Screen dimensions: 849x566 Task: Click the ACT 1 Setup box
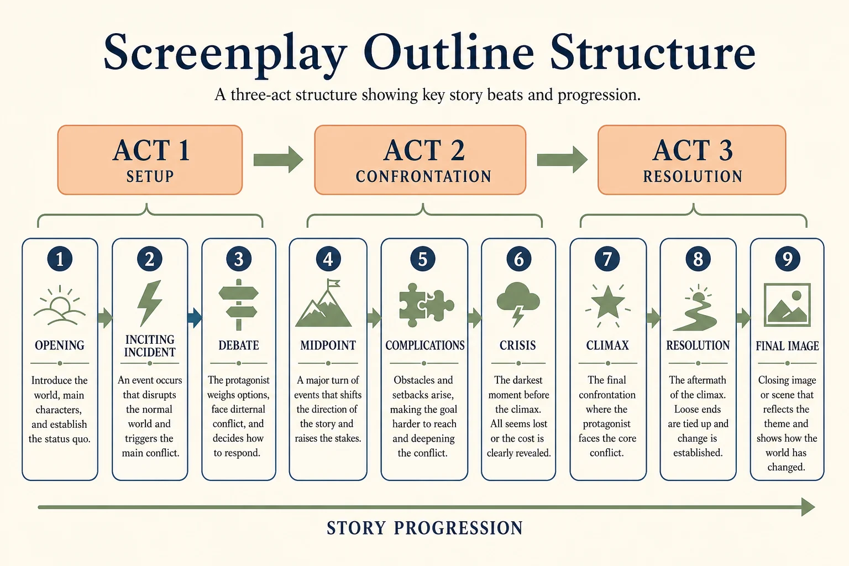150,160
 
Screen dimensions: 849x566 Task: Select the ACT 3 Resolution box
692,160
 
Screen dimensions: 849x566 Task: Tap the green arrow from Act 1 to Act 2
278,160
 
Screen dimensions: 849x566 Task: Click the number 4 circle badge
328,259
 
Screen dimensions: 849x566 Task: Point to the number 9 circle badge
788,259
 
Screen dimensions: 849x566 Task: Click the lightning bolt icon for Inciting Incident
150,303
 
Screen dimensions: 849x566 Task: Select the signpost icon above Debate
239,305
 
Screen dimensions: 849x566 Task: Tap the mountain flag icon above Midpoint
324,303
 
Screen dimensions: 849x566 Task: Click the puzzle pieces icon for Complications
426,306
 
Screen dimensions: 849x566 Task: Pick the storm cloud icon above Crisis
518,304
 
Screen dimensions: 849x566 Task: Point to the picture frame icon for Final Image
787,305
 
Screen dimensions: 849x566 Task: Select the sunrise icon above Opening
60,306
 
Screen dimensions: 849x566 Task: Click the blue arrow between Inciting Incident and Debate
195,318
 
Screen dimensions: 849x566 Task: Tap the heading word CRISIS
518,345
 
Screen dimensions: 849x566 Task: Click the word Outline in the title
448,52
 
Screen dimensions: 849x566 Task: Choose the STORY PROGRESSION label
425,528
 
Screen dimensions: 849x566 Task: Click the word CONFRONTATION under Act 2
423,177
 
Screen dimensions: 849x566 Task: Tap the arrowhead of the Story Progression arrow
808,507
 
